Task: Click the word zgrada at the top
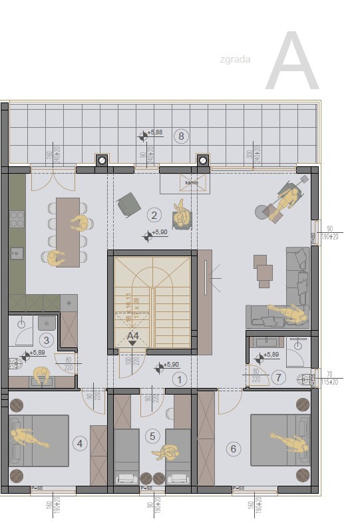(x=234, y=59)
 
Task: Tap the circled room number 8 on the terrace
(x=180, y=136)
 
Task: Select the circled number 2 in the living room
(x=154, y=214)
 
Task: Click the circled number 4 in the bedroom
(x=80, y=443)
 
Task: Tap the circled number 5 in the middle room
(x=153, y=437)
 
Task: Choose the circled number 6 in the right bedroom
(x=233, y=448)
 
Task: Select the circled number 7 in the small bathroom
(x=279, y=378)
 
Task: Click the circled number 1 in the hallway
(x=178, y=379)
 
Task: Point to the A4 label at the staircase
(x=133, y=337)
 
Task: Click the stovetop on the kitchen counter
(x=17, y=219)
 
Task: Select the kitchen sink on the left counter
(x=16, y=253)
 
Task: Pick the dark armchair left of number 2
(x=128, y=204)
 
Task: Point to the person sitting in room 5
(x=165, y=452)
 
